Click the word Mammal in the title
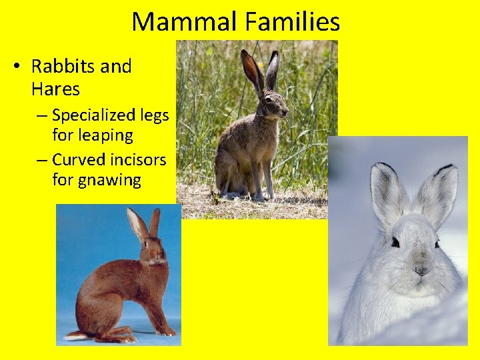[x=184, y=22]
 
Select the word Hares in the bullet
[x=55, y=89]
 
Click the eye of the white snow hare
[x=395, y=242]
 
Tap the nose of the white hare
[x=421, y=271]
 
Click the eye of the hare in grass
[x=268, y=99]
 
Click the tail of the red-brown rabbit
[x=72, y=335]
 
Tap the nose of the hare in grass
[x=285, y=112]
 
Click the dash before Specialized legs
[x=42, y=115]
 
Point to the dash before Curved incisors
[x=42, y=160]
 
